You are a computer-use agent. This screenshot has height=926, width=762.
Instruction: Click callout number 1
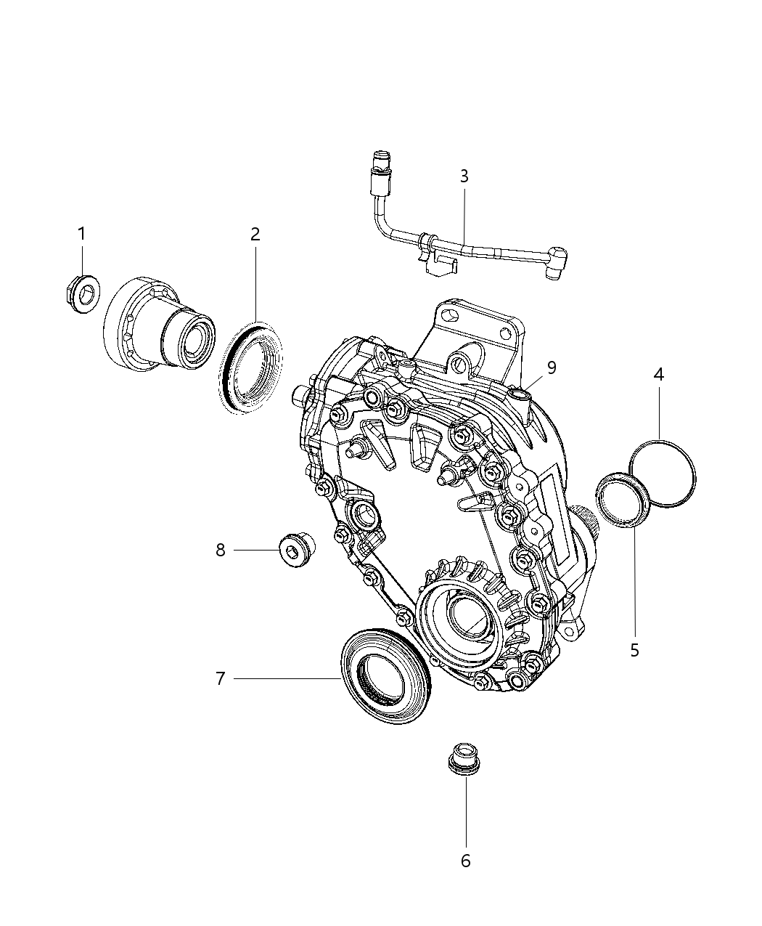click(x=81, y=234)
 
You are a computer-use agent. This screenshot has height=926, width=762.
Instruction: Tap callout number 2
click(x=255, y=234)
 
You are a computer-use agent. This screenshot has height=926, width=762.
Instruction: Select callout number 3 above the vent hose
click(x=464, y=176)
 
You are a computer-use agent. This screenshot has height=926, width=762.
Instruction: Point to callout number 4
click(x=658, y=375)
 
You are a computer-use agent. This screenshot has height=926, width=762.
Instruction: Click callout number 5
click(x=634, y=651)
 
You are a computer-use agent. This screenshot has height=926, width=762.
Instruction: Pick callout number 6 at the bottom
click(x=465, y=861)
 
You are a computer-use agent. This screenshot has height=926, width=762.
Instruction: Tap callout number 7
click(x=221, y=679)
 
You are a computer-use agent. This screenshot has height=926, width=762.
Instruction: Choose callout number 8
click(x=221, y=551)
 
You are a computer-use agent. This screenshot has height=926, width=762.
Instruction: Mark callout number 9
click(x=552, y=368)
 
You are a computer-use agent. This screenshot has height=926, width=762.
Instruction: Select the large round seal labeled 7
click(x=384, y=675)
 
